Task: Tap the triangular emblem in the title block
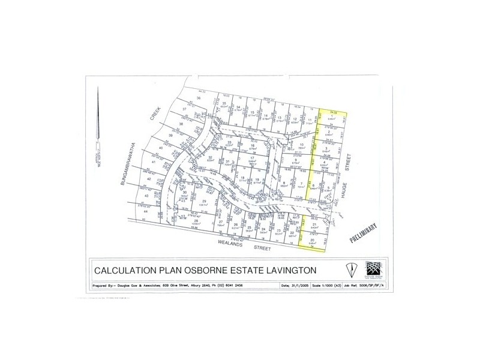pyautogui.click(x=350, y=268)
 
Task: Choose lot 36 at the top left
pyautogui.click(x=198, y=98)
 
